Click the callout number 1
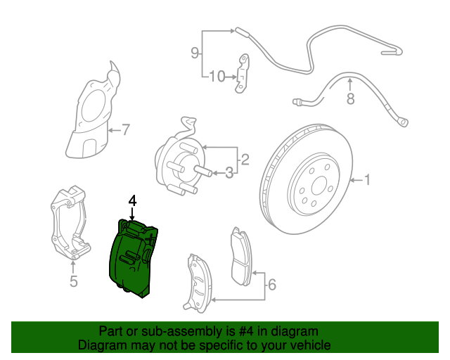pyautogui.click(x=367, y=181)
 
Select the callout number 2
pyautogui.click(x=245, y=160)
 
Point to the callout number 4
pyautogui.click(x=131, y=201)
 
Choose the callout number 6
pyautogui.click(x=272, y=285)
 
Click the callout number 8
pyautogui.click(x=351, y=98)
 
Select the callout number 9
pyautogui.click(x=195, y=53)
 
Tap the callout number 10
pyautogui.click(x=216, y=76)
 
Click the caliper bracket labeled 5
pyautogui.click(x=69, y=221)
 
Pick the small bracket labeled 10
pyautogui.click(x=242, y=72)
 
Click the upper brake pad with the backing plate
pyautogui.click(x=240, y=257)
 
